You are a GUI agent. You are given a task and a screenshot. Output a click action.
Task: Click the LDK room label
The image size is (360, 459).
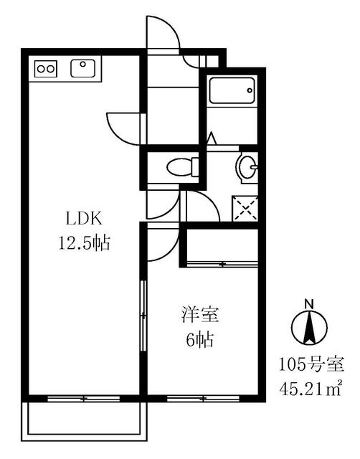tap(85, 219)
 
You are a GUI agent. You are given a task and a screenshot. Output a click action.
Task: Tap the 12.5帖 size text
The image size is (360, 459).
tap(85, 243)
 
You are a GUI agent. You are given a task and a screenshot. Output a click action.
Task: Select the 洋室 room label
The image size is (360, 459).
tap(201, 315)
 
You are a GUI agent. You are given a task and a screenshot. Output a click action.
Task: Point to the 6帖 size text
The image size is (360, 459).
tap(200, 339)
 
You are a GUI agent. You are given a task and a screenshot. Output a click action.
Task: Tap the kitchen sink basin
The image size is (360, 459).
tap(83, 68)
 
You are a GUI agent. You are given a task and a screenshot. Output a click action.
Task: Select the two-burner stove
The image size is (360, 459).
tap(46, 69)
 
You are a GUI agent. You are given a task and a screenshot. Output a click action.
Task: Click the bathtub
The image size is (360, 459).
tap(232, 90)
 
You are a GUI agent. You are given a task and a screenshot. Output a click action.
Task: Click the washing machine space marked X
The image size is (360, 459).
tap(245, 209)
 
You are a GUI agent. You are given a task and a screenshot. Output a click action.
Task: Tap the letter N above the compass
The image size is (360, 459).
tap(309, 304)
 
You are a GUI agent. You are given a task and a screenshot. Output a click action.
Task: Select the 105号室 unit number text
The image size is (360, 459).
tap(311, 365)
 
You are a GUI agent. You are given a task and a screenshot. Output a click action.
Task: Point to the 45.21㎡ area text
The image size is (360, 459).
tap(311, 389)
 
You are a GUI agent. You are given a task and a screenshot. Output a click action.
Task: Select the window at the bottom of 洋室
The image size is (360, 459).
tap(203, 399)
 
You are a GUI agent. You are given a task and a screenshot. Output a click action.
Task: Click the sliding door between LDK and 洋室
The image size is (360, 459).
tap(143, 316)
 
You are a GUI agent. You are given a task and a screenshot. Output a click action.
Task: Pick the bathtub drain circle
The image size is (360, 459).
tap(250, 90)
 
